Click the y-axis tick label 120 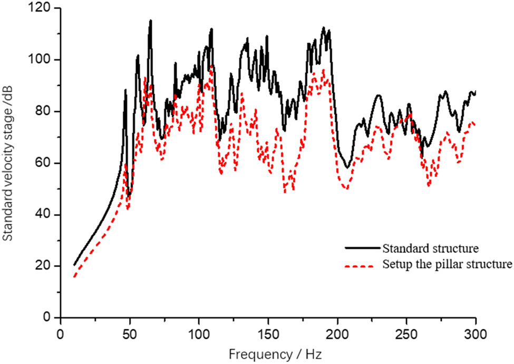(44, 9)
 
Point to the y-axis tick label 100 (44, 60)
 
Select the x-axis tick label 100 (199, 336)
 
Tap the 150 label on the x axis (268, 336)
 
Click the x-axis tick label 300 (476, 336)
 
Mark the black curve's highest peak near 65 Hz (151, 21)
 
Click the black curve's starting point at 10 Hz (74, 265)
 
